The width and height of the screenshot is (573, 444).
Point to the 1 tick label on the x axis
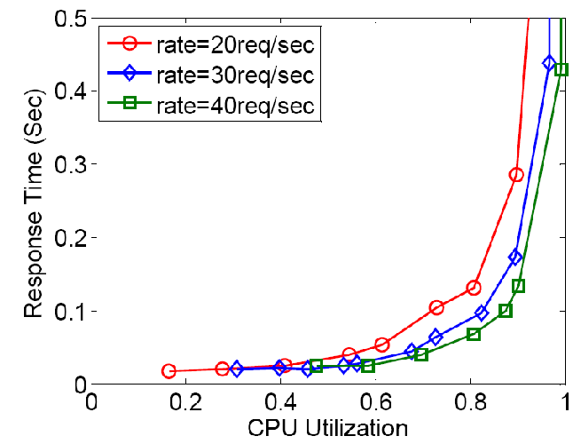560,402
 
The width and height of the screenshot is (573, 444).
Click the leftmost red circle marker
169,371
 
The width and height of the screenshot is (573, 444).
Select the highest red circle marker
516,175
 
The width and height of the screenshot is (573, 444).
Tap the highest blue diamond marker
550,63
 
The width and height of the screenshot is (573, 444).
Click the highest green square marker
561,69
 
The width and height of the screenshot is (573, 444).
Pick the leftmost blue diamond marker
236,369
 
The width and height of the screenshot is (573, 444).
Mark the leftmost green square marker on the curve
317,366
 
